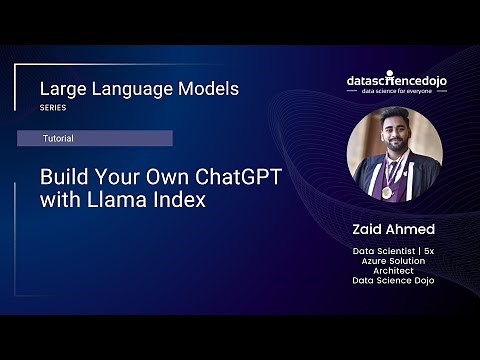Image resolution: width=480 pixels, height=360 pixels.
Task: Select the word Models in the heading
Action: click(207, 89)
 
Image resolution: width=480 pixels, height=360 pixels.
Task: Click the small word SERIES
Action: click(52, 108)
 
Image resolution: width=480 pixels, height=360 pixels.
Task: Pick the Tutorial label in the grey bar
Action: click(56, 138)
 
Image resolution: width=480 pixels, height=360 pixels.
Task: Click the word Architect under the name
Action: click(394, 270)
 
